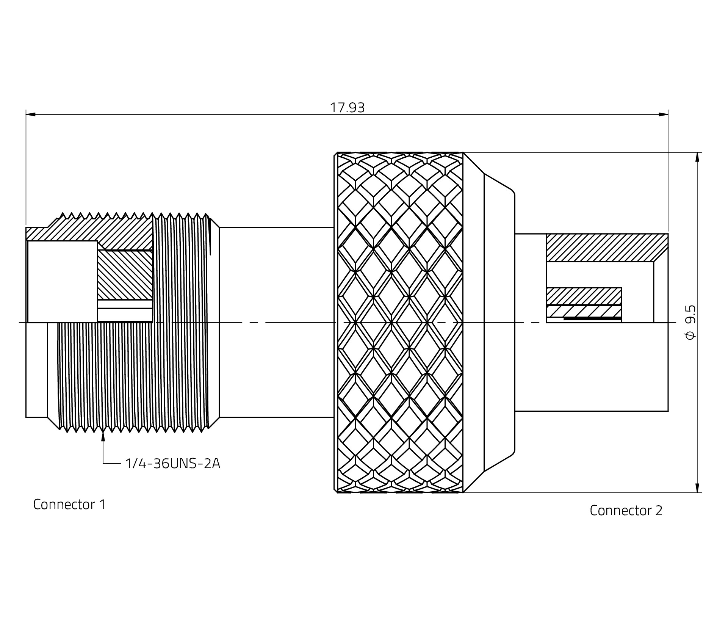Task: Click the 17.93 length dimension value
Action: coord(347,108)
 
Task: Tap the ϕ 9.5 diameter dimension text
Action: coord(690,322)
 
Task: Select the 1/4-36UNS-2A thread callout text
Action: coord(172,463)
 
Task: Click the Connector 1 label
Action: coord(69,504)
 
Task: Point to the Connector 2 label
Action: coord(626,511)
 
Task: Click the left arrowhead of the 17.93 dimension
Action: coord(30,114)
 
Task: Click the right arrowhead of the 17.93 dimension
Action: coord(664,114)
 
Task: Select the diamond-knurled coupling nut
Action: coord(400,322)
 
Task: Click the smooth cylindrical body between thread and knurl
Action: coord(277,322)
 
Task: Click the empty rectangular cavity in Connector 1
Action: coord(63,281)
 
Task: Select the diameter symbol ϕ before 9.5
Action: coord(690,335)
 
